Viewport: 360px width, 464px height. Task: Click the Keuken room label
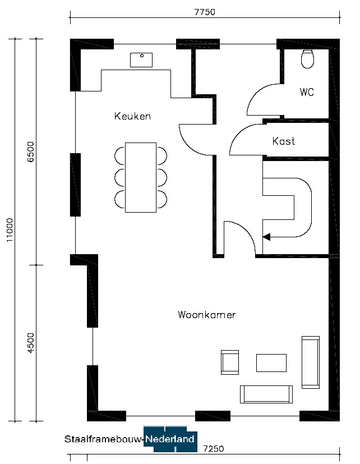132,116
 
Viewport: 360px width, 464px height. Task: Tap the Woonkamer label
207,314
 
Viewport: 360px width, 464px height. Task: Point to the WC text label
307,92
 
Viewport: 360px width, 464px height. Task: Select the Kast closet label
283,141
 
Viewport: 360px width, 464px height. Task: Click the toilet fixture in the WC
307,59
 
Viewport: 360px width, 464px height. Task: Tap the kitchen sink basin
141,60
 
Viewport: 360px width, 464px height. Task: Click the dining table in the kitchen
141,177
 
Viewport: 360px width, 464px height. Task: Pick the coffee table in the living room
271,363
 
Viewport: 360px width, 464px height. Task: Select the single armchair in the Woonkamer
230,362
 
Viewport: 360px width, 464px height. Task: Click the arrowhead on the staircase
266,237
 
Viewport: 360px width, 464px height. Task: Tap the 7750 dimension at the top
205,12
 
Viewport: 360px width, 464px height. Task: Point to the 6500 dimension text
31,152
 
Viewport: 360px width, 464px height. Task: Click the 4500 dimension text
31,343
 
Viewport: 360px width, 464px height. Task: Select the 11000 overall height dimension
10,230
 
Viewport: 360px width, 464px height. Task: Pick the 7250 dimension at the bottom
214,449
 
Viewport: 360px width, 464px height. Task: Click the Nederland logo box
170,439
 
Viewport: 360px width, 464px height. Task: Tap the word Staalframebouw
104,439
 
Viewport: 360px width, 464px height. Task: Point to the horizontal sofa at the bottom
266,394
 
